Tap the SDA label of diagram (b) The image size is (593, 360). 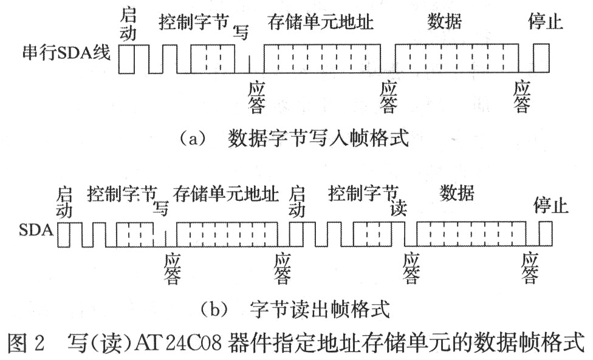pyautogui.click(x=38, y=231)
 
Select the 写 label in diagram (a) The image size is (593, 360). pyautogui.click(x=241, y=33)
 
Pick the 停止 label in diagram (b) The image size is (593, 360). pyautogui.click(x=550, y=206)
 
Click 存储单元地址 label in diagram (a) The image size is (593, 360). pyautogui.click(x=320, y=22)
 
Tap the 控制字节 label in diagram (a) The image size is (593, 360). pyautogui.click(x=193, y=23)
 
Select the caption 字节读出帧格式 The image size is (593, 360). pyautogui.click(x=318, y=310)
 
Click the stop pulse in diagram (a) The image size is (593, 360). pyautogui.click(x=540, y=58)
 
